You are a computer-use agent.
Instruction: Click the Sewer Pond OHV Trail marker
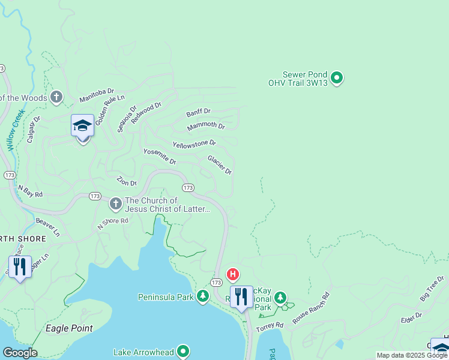coord(337,77)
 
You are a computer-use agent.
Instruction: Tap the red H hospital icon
coord(232,275)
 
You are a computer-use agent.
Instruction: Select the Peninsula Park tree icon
coord(203,296)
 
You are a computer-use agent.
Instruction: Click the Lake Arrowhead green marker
coord(183,352)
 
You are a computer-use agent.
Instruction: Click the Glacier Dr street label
coord(220,164)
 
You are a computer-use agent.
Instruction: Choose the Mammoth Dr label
coord(206,126)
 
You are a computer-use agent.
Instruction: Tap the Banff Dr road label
coord(198,112)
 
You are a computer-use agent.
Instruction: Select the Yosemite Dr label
coord(160,157)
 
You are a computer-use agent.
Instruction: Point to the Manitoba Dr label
coord(97,95)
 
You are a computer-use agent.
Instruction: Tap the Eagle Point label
coord(70,328)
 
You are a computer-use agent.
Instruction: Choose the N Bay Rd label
coord(30,191)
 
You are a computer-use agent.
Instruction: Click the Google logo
coord(20,353)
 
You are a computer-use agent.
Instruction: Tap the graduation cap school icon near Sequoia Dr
coord(82,126)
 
